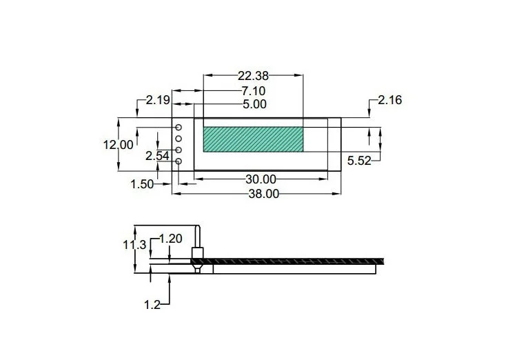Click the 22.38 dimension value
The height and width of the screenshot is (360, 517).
point(253,76)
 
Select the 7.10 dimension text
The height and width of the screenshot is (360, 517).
point(253,91)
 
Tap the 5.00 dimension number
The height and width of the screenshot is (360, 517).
point(254,104)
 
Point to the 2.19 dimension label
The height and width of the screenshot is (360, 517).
point(158,100)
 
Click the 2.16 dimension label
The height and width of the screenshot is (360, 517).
point(390,100)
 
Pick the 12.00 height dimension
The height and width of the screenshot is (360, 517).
point(119,145)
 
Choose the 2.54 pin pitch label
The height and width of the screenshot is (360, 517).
point(158,156)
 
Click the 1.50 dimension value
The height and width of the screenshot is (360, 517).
point(142,184)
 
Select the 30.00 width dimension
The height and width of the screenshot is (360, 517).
point(261,179)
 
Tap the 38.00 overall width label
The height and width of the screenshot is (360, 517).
point(264,194)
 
